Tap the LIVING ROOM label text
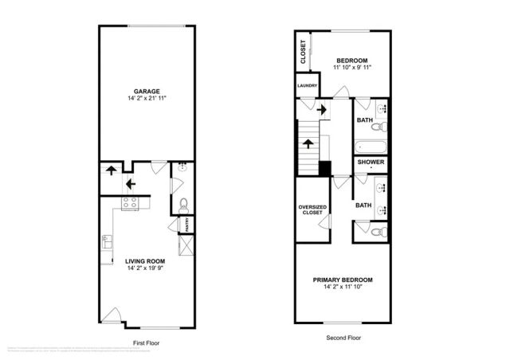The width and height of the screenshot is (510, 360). tap(144, 260)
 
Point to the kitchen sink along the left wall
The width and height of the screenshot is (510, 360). tap(106, 241)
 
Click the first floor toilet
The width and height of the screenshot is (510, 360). tap(182, 202)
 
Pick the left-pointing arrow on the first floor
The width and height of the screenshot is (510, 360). tap(130, 183)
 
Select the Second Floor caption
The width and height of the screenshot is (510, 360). tap(344, 337)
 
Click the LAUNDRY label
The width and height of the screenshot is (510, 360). tap(308, 86)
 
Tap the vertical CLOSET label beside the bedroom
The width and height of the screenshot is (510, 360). tap(304, 52)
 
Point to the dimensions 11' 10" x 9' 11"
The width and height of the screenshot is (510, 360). tap(351, 68)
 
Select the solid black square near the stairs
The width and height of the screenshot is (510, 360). tap(324, 169)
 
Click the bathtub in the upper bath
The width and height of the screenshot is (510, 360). tap(371, 147)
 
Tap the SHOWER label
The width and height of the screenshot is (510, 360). tap(371, 162)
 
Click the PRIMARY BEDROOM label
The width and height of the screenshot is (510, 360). tap(343, 280)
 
